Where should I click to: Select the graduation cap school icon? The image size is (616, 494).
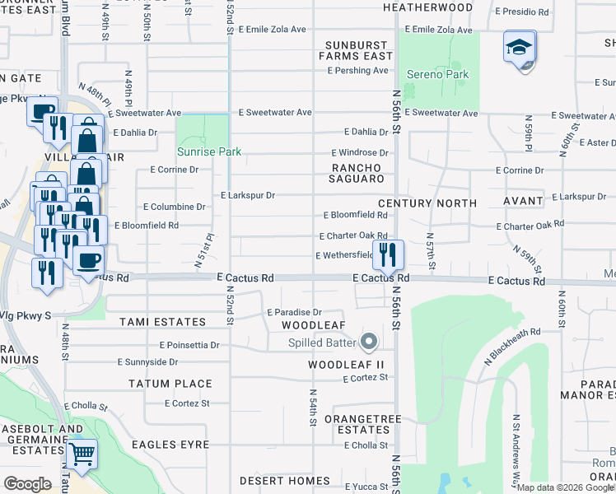coord(520,49)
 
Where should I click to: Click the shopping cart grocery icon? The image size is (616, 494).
coord(81,454)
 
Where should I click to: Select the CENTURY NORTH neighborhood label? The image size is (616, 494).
coord(427,203)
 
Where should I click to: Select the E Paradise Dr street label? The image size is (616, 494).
coord(294,313)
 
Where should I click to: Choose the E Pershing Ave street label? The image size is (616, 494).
coord(357,71)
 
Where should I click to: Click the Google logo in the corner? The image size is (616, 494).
coord(27,484)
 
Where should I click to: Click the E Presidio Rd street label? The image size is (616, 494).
coord(522,12)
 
